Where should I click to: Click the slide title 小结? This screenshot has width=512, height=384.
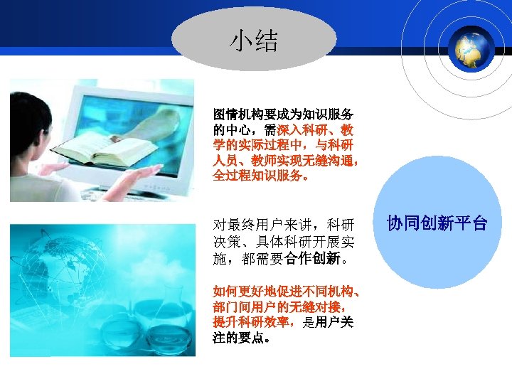coord(253,41)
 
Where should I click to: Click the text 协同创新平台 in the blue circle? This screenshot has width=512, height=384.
coord(437,224)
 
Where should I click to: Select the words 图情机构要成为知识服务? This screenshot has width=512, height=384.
coord(284,114)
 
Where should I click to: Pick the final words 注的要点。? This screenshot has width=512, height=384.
coord(241,338)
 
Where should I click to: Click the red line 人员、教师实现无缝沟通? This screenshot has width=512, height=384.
coord(286,161)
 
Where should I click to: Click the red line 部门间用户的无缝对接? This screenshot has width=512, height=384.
coord(280,307)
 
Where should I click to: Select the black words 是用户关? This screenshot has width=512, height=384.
coord(329,322)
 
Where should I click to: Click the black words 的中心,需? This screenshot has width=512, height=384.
coord(238,130)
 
